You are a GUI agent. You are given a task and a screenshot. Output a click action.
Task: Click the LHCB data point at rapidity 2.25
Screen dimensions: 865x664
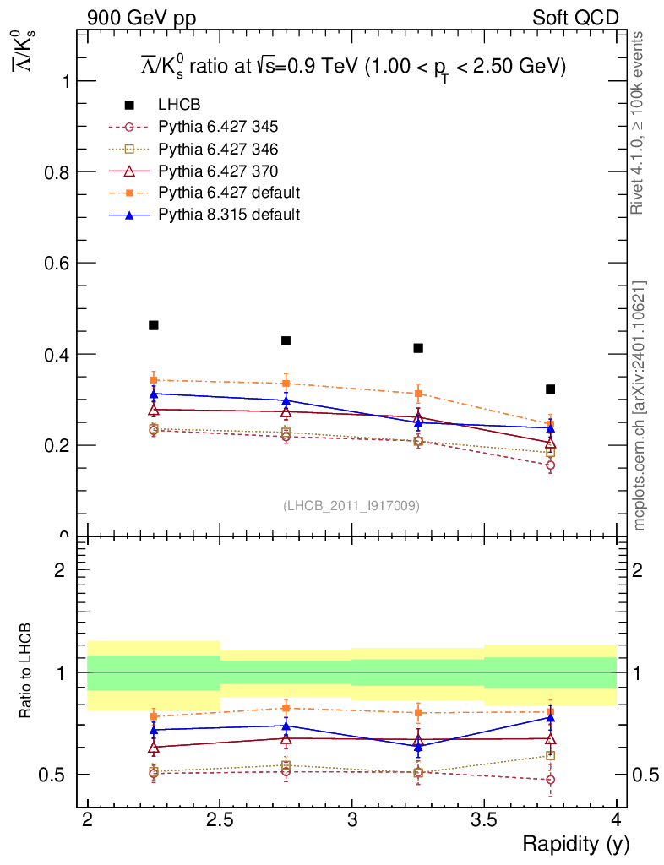pos(154,325)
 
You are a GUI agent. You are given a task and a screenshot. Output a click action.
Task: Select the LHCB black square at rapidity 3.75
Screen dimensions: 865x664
pos(551,389)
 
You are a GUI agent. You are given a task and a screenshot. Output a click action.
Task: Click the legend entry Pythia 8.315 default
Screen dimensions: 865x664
pos(228,215)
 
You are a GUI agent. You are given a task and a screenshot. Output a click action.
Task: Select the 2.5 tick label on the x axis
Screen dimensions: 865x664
pos(220,819)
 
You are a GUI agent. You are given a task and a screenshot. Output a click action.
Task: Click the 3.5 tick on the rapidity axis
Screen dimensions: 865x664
pos(484,819)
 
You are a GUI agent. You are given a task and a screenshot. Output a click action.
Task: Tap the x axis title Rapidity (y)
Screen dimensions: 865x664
pos(575,843)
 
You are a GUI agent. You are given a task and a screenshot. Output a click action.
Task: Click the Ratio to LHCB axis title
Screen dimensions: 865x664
pos(28,672)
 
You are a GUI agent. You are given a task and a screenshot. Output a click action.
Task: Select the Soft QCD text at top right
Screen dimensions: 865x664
pos(575,18)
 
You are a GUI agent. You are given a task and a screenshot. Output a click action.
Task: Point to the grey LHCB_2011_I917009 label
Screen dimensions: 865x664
pos(351,505)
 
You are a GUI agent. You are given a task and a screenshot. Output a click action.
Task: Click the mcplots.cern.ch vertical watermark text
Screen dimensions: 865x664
pos(640,405)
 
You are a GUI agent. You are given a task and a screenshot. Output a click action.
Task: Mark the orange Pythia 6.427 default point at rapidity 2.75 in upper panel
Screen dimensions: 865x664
pos(286,384)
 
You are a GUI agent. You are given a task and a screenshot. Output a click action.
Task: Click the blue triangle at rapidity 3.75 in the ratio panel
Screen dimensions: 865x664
pos(551,717)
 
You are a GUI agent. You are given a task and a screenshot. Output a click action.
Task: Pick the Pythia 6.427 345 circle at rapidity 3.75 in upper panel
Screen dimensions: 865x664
pos(551,465)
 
